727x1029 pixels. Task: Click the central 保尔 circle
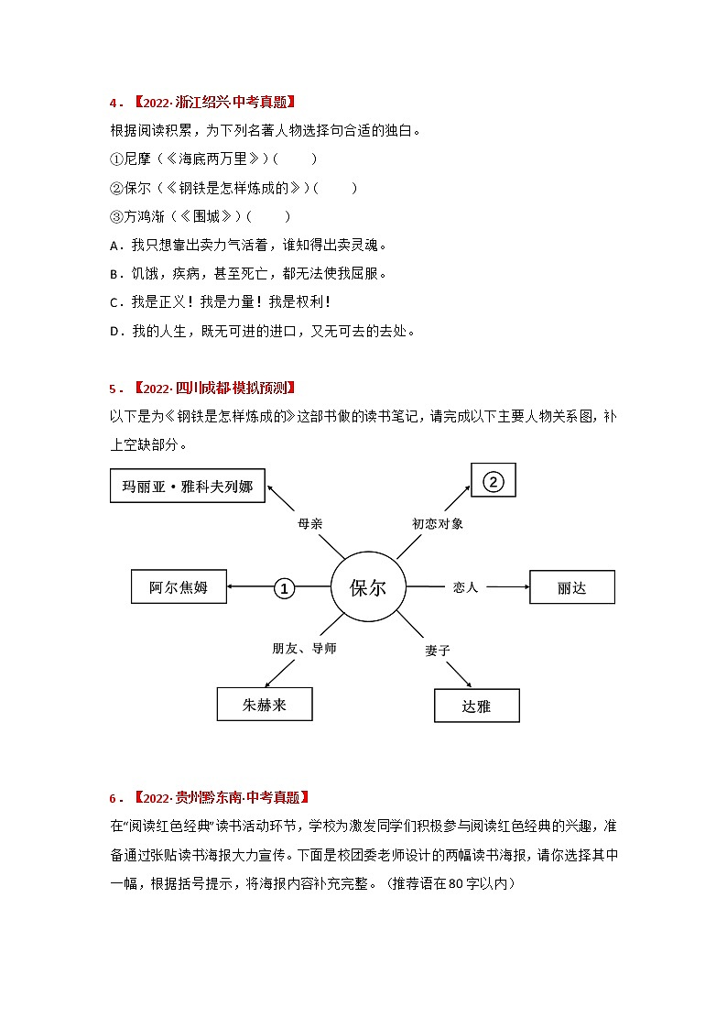[x=368, y=587]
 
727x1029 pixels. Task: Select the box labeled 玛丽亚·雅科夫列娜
[x=188, y=486]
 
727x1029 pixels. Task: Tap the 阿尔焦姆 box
[x=179, y=587]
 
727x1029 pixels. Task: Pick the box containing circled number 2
[x=494, y=482]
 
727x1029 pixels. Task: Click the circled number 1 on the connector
[x=285, y=588]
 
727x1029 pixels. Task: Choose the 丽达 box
[x=571, y=587]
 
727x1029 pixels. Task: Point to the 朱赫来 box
[x=265, y=705]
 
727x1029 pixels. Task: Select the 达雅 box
[x=476, y=706]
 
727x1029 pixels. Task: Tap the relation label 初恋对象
[x=438, y=523]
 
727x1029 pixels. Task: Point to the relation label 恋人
[x=465, y=587]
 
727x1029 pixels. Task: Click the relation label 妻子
[x=438, y=650]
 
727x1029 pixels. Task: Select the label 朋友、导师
[x=304, y=649]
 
